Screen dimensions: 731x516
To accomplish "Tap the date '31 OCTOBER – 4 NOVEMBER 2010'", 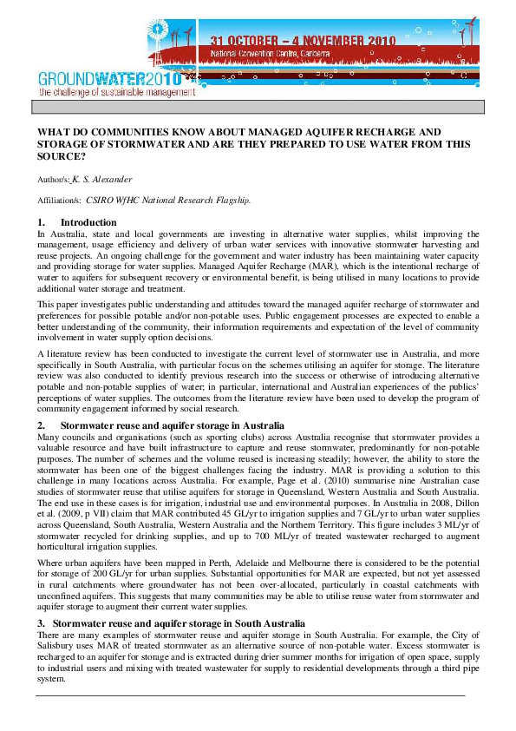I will pos(304,40).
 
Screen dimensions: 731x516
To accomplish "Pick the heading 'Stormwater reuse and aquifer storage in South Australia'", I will pos(179,624).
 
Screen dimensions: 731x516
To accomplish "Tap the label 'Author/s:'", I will pos(52,180).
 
